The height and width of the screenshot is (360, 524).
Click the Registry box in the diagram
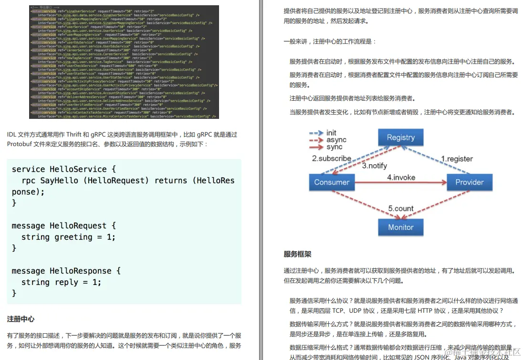(x=400, y=138)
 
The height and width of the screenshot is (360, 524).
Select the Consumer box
(x=332, y=182)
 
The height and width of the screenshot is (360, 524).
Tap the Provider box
(x=469, y=182)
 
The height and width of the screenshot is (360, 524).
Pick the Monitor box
(x=400, y=227)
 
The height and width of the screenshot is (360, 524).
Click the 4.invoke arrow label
(x=401, y=177)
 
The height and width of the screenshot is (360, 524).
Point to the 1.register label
(x=457, y=159)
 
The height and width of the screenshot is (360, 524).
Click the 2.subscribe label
(x=332, y=159)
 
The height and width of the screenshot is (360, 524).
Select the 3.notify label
(x=375, y=166)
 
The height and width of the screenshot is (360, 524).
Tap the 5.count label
(x=401, y=208)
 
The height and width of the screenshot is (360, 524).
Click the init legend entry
(x=331, y=133)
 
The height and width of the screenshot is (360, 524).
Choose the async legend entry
(x=336, y=140)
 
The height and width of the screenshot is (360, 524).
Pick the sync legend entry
(x=335, y=147)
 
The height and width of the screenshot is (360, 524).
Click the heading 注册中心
(x=21, y=318)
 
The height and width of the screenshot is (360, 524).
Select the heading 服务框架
(x=297, y=254)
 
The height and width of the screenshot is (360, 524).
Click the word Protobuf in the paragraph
(x=20, y=144)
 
